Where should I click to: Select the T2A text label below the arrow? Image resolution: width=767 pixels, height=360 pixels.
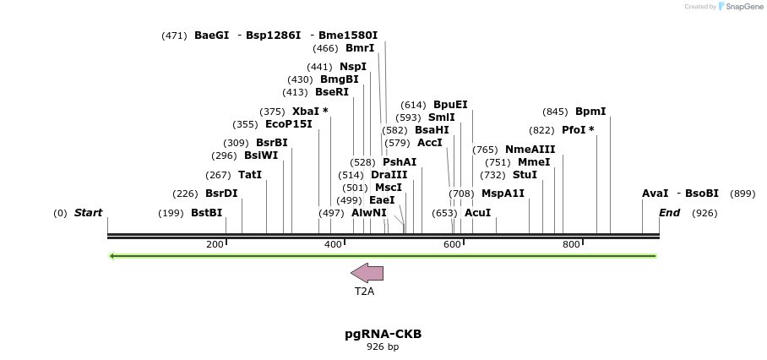[364, 292]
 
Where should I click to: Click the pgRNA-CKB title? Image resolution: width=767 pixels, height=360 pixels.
[383, 334]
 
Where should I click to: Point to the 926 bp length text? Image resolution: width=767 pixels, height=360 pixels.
[383, 347]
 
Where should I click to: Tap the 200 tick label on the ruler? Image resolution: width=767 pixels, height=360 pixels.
[215, 245]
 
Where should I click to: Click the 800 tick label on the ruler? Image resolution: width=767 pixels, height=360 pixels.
[571, 245]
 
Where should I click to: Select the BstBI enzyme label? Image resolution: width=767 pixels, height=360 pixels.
[206, 213]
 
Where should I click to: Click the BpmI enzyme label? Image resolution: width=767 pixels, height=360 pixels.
[590, 112]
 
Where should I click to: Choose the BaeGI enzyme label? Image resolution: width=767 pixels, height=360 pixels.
[211, 35]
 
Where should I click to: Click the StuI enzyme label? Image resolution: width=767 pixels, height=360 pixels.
[525, 175]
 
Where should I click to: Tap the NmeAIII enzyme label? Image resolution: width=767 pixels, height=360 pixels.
[530, 150]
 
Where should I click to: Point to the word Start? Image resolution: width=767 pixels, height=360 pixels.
[88, 213]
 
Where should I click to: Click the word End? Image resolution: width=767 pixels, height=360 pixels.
[670, 213]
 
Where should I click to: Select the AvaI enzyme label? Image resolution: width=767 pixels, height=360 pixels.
[655, 194]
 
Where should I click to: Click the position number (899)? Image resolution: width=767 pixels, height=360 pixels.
[743, 194]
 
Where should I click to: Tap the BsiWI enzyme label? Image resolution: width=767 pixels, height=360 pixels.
[261, 155]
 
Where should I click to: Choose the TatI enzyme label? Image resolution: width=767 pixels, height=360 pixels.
[250, 175]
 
